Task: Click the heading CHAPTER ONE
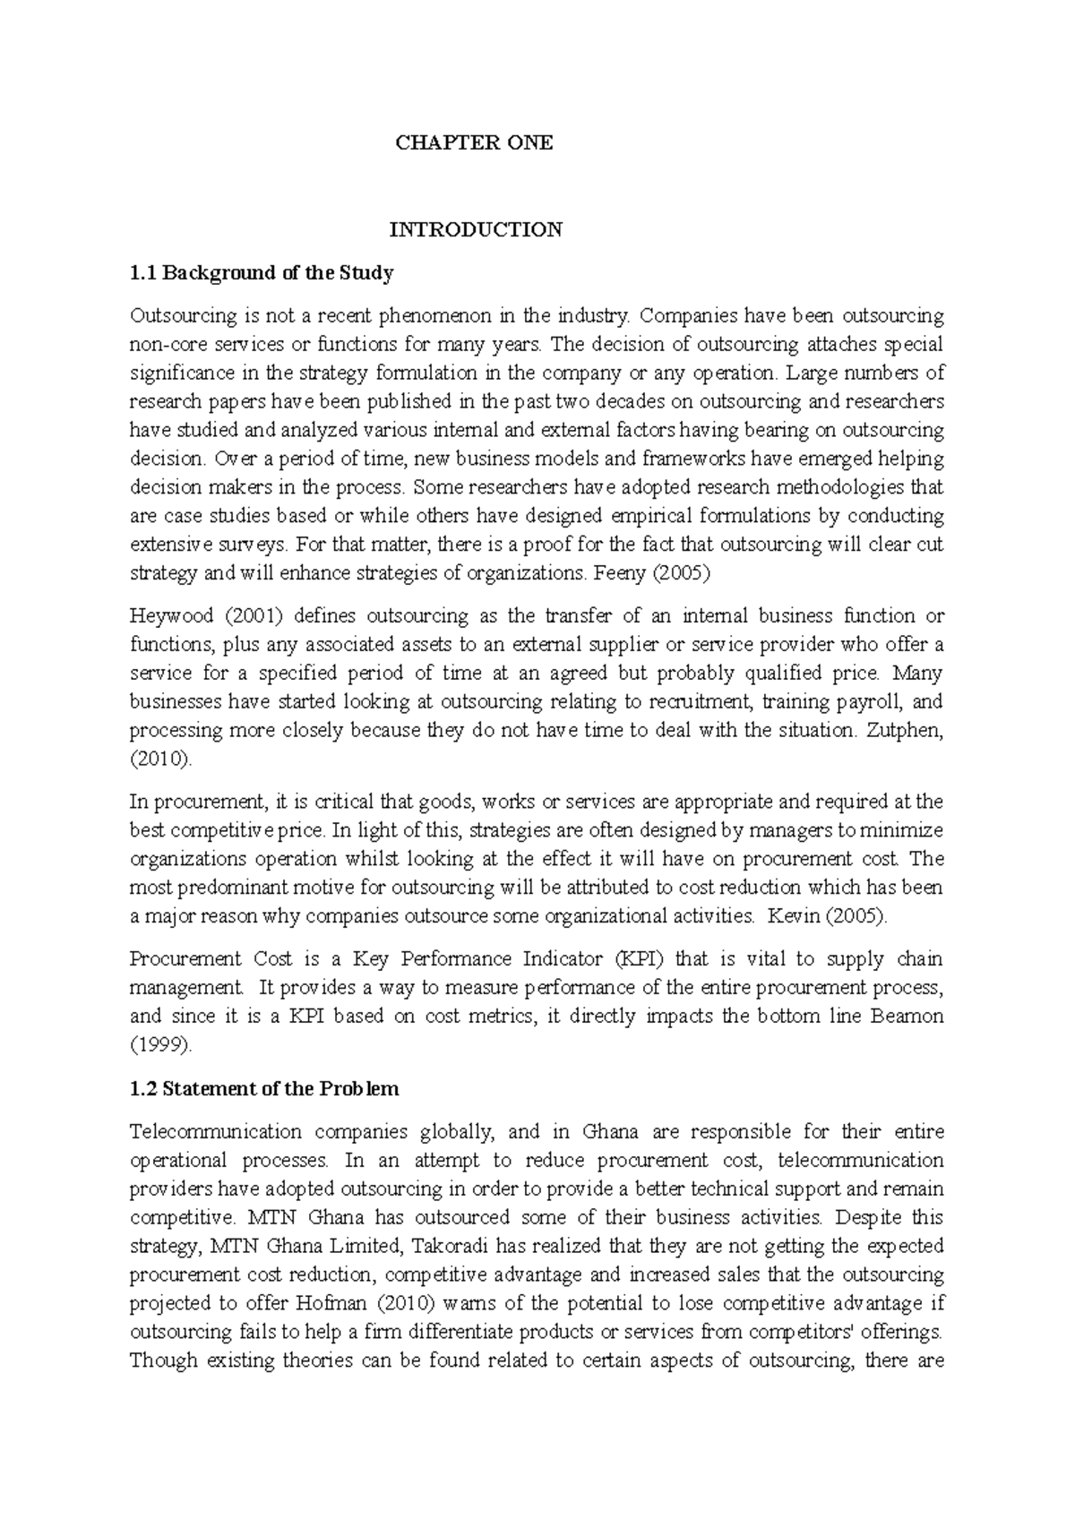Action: (475, 142)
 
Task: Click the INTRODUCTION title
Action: (475, 229)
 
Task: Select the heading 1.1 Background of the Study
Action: (262, 273)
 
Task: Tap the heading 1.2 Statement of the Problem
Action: (264, 1089)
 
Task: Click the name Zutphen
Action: (907, 731)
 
